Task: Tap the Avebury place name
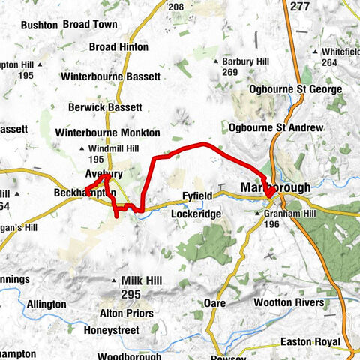[98, 174]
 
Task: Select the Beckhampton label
[85, 193]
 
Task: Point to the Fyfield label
[198, 196]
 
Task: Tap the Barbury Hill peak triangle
[217, 61]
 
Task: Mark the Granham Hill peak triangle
[265, 214]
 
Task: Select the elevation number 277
[299, 6]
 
